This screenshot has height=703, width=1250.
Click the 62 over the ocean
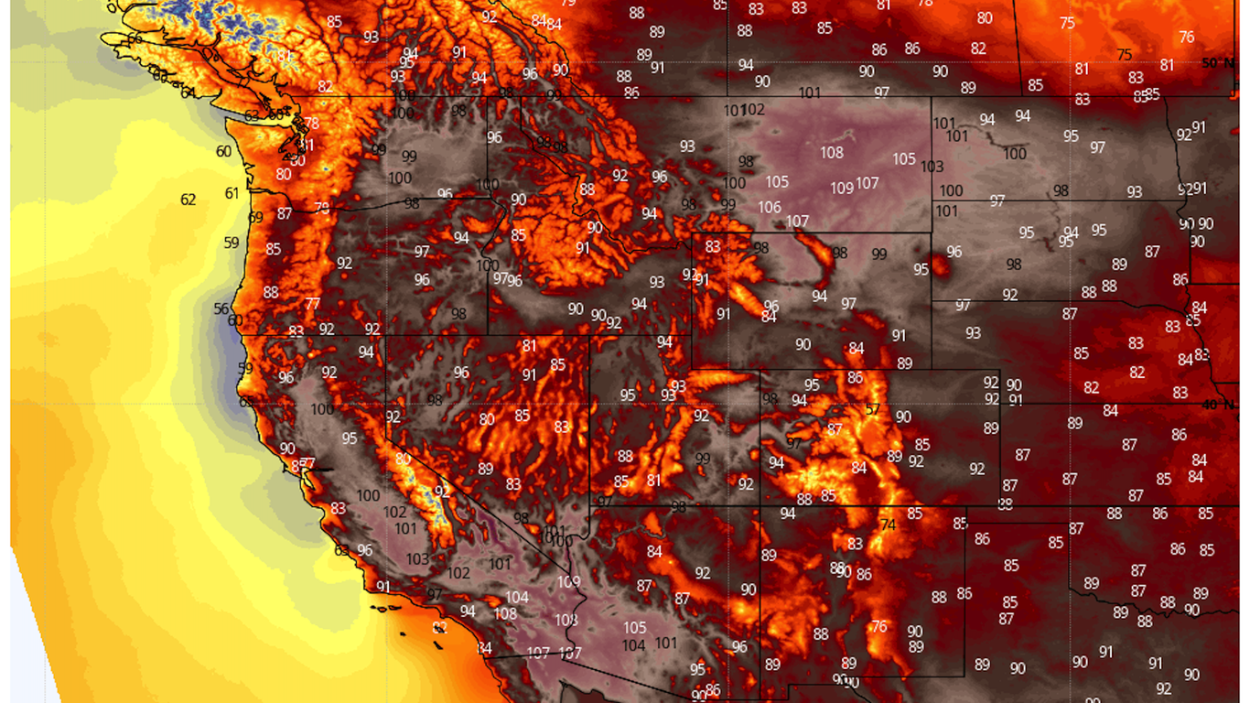(x=189, y=200)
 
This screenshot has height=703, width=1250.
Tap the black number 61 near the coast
(x=232, y=193)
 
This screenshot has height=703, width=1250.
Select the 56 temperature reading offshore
(x=221, y=309)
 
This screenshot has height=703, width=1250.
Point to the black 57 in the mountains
(x=872, y=409)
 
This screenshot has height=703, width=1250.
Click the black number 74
(x=888, y=525)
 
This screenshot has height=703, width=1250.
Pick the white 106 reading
(x=770, y=208)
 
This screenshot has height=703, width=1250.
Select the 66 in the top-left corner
(x=135, y=38)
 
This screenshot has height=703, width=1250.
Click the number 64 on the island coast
(x=188, y=92)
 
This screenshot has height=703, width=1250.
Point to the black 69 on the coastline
(x=255, y=218)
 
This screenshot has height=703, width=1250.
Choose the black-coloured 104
(x=633, y=645)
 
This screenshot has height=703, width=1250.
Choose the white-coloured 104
(x=517, y=598)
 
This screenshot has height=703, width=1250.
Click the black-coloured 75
(x=1125, y=55)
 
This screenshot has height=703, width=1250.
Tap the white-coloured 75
(x=1067, y=24)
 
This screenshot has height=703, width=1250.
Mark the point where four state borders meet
(x=760, y=506)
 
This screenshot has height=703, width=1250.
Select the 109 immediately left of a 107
(x=842, y=189)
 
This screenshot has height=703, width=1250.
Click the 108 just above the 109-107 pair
(x=832, y=153)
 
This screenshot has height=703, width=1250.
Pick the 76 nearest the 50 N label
(x=1187, y=38)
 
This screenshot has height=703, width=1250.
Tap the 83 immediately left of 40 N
(x=1180, y=393)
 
